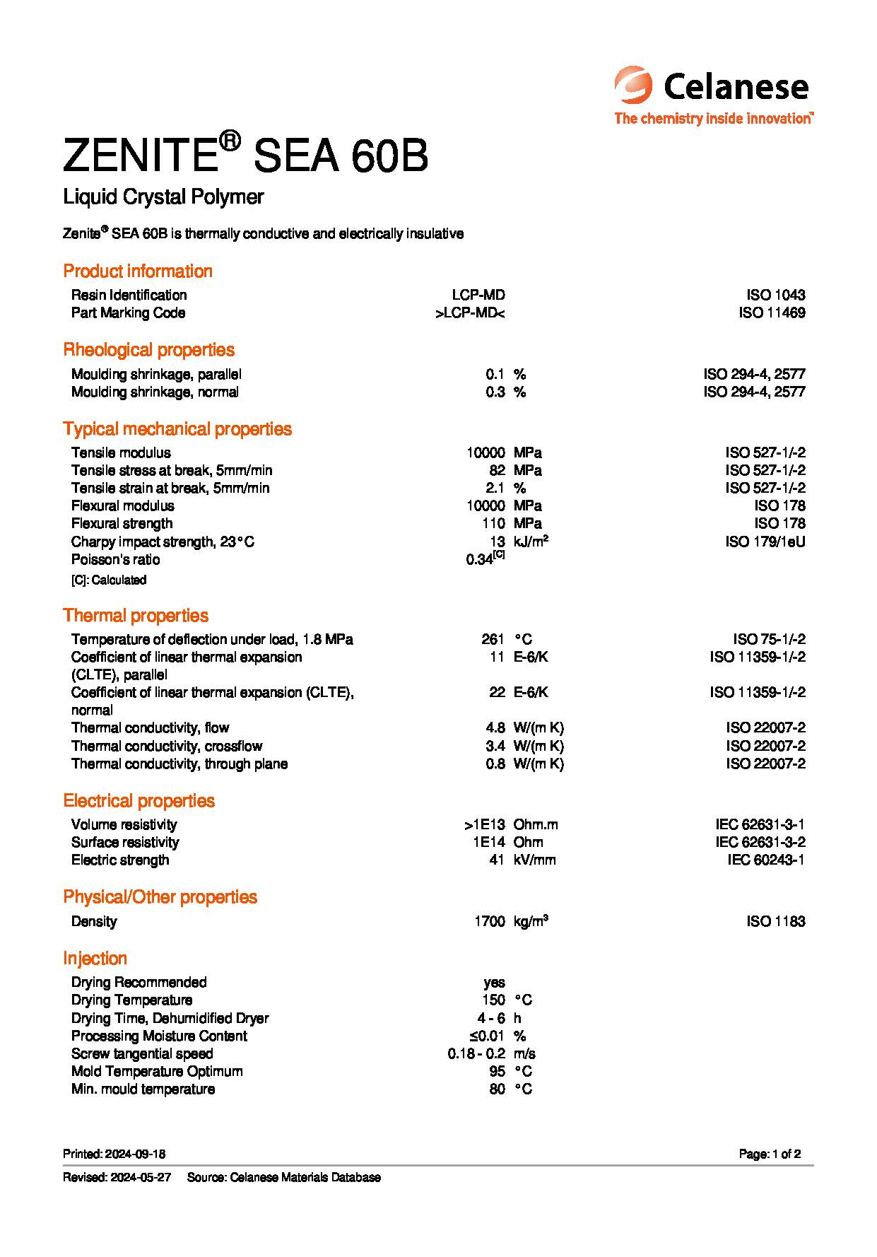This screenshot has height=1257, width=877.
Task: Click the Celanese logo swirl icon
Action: [x=632, y=86]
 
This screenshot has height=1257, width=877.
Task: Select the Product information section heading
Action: [x=138, y=271]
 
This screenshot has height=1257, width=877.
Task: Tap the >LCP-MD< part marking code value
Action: [x=470, y=312]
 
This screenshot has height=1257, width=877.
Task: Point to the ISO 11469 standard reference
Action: [x=772, y=312]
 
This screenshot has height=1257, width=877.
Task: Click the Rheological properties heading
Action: [x=148, y=350]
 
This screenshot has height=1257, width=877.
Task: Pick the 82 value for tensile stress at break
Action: [x=497, y=470]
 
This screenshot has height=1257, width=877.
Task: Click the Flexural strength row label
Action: [x=122, y=523]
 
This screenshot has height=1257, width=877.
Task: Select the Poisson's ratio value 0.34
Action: [x=480, y=559]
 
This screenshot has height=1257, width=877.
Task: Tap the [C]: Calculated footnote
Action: [x=109, y=580]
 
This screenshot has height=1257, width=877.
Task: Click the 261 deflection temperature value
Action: [x=492, y=639]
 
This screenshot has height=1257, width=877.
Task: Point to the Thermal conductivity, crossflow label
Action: [x=167, y=746]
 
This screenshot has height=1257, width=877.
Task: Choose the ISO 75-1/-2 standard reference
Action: [x=769, y=639]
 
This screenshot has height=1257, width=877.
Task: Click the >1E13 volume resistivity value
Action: [x=485, y=824]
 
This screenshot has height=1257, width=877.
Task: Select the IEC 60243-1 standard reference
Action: [x=766, y=860]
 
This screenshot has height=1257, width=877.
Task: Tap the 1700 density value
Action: [x=490, y=921]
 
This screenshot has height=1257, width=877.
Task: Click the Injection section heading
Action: [x=95, y=959]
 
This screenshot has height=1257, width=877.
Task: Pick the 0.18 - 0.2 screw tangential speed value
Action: [x=476, y=1053]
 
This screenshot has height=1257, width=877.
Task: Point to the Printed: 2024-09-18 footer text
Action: [x=114, y=1154]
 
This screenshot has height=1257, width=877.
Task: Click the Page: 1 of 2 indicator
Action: [x=770, y=1154]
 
